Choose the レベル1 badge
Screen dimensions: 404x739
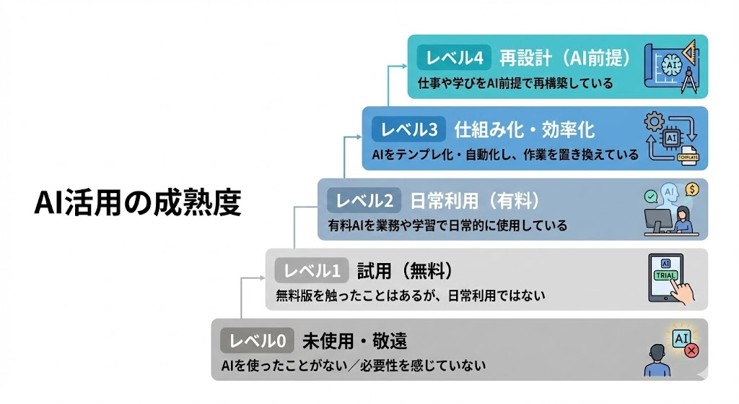click(312, 271)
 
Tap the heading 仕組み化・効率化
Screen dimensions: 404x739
click(525, 129)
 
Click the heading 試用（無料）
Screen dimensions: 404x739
click(404, 271)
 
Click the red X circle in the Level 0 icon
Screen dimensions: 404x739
click(691, 351)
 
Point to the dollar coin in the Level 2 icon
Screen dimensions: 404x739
click(692, 189)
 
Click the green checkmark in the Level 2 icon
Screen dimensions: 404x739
click(651, 195)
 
